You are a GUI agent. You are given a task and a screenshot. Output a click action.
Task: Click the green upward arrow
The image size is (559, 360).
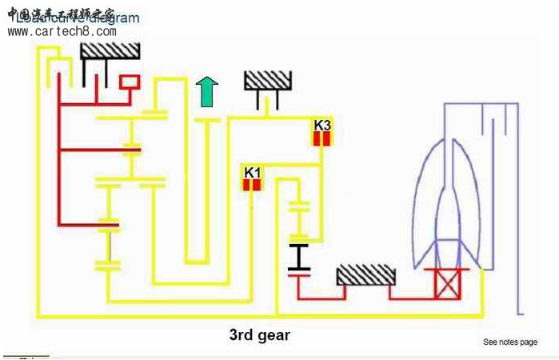point(206,92)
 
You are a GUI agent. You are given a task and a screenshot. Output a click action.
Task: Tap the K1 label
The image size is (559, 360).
point(253,171)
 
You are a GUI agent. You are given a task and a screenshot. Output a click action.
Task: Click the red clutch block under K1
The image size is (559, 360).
point(253,185)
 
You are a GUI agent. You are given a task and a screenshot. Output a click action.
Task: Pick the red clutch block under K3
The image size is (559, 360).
point(321,138)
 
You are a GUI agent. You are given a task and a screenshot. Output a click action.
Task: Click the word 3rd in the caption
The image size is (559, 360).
point(244,335)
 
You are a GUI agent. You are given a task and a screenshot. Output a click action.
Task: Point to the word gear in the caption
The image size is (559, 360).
point(274,335)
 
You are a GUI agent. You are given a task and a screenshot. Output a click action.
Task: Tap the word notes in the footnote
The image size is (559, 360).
point(509,342)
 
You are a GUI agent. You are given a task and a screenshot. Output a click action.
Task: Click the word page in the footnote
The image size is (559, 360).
point(529,342)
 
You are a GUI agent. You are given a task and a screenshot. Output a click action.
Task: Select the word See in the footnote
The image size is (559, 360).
point(490,342)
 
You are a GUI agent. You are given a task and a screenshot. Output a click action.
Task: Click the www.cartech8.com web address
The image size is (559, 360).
point(62,32)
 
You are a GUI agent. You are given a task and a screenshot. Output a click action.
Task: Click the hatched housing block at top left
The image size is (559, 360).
point(110,50)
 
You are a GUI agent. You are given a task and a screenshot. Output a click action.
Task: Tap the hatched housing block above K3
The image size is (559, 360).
point(268,80)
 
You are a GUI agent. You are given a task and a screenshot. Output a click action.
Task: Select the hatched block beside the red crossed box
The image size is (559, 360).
point(366,275)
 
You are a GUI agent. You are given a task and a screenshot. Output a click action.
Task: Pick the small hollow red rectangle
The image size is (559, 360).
point(129,82)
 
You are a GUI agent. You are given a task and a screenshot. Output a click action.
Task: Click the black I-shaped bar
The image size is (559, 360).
point(299,258)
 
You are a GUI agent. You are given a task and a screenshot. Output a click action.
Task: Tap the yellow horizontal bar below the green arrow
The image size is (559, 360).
point(206,120)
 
